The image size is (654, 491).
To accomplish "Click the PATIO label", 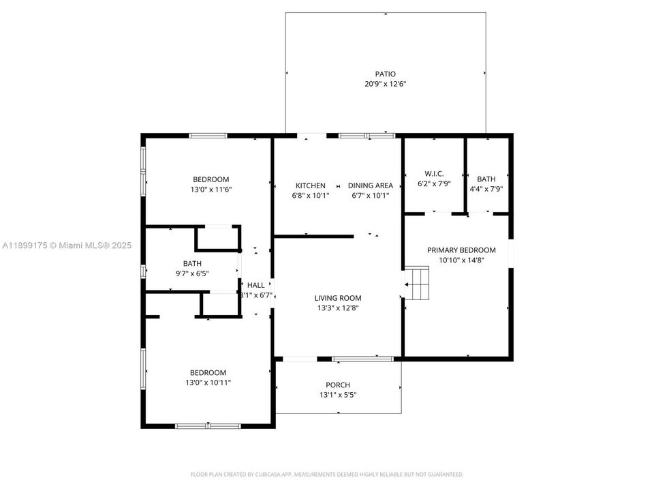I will point(385,74).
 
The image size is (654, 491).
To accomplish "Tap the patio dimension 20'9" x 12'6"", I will point(385,84).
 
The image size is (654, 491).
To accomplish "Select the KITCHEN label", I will point(310,185).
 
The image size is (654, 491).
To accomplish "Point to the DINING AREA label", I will point(371,185).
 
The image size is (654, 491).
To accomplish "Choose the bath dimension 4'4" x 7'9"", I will point(486,189).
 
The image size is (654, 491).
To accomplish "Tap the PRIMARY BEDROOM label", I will point(461,250).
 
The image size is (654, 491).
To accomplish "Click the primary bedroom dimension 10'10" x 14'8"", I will point(461,260).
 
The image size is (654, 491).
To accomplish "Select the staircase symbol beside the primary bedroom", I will point(418,283).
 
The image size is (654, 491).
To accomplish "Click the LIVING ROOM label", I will point(337,297).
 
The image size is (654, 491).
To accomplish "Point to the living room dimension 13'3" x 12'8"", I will point(337,308).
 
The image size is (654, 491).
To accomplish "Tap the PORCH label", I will point(338,385).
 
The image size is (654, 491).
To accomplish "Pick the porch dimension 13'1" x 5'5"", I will point(338,395).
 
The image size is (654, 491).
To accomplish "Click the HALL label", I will point(256,285).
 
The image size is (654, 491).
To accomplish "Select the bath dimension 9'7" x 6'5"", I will point(191,273).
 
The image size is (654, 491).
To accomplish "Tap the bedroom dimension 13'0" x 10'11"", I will point(208,383).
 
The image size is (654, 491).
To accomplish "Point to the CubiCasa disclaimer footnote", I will point(326,474).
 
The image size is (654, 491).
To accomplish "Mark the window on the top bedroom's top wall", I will point(208,135).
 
